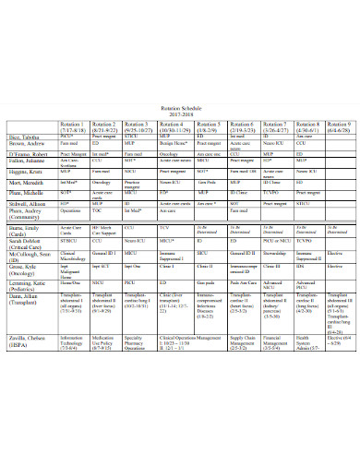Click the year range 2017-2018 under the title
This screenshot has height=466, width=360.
[x=180, y=114]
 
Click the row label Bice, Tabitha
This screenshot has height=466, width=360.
[x=26, y=136]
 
